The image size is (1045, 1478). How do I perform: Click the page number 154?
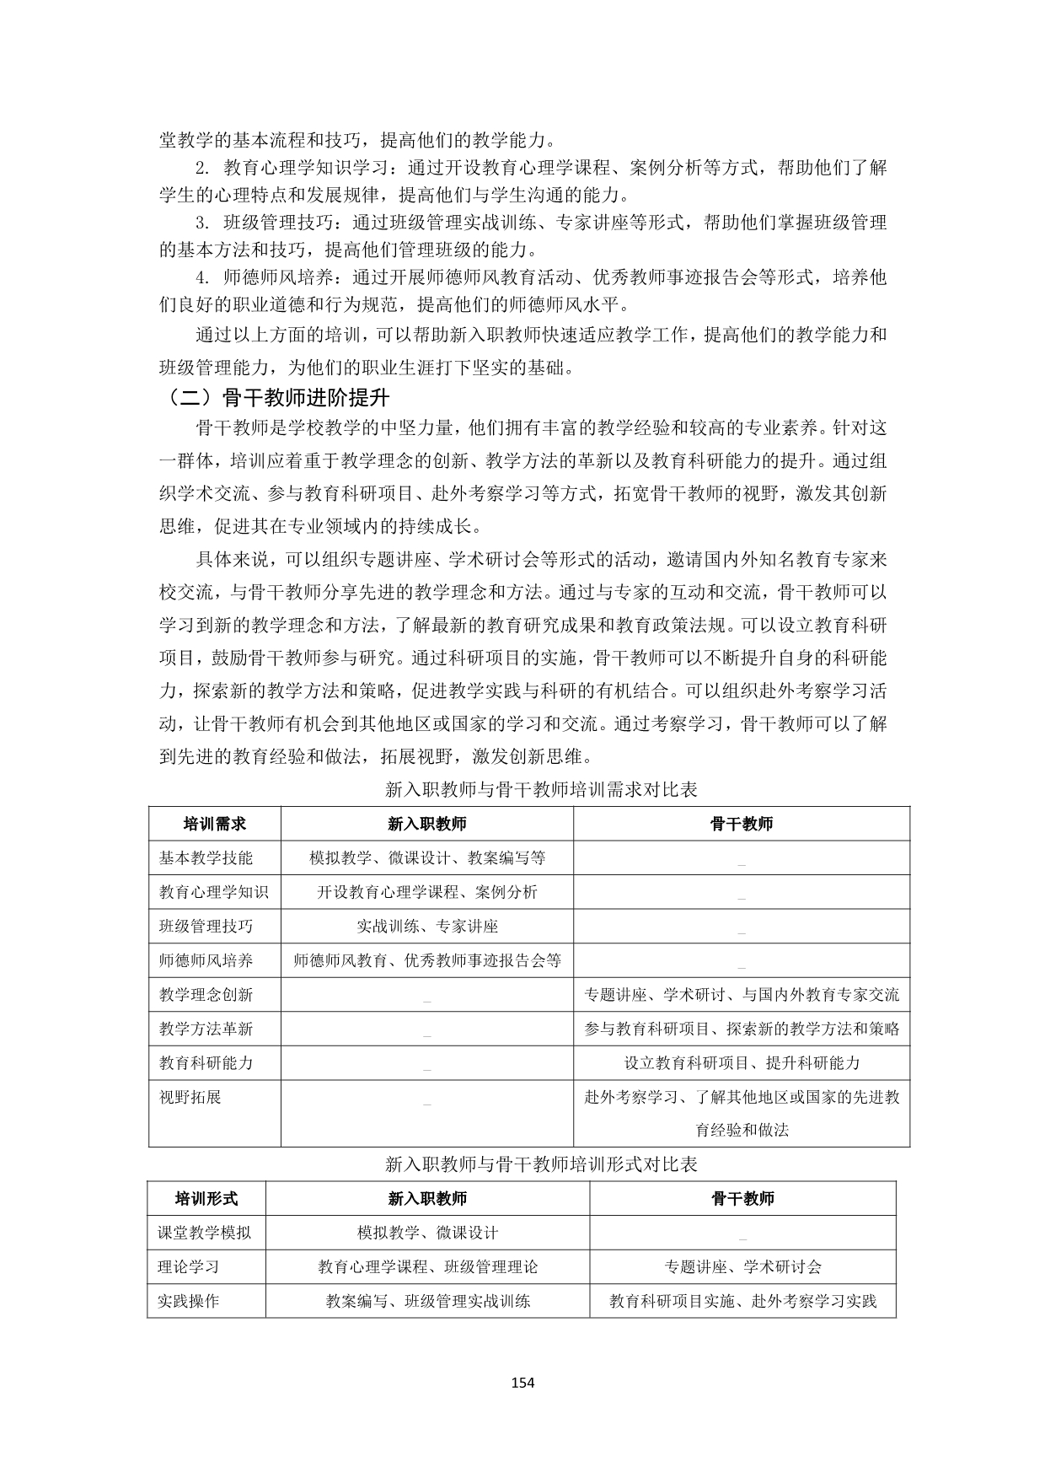[x=522, y=1382]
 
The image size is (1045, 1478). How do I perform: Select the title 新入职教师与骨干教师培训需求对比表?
[x=541, y=790]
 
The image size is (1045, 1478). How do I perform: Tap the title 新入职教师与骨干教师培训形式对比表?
[x=541, y=1164]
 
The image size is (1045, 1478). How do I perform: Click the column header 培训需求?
[x=215, y=824]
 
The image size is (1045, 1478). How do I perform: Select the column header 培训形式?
[x=206, y=1198]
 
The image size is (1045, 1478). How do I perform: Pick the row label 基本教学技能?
[x=206, y=857]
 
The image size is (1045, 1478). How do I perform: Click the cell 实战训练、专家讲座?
[x=427, y=926]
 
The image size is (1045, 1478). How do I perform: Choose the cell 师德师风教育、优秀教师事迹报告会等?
[x=427, y=960]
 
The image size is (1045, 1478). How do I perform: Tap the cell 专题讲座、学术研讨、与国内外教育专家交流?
[x=742, y=995]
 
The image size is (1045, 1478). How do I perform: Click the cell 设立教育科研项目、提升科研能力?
[x=742, y=1063]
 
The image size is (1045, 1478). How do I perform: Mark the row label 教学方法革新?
[x=206, y=1029]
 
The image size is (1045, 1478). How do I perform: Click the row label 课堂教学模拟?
[x=205, y=1233]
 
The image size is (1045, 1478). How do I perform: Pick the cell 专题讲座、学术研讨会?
[x=742, y=1266]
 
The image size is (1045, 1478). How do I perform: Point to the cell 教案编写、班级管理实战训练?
[x=428, y=1301]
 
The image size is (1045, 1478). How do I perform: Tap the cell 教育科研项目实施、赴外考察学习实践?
[x=742, y=1301]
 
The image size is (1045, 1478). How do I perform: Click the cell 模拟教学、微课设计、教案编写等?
[x=427, y=857]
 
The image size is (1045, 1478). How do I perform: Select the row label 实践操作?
[x=189, y=1301]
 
